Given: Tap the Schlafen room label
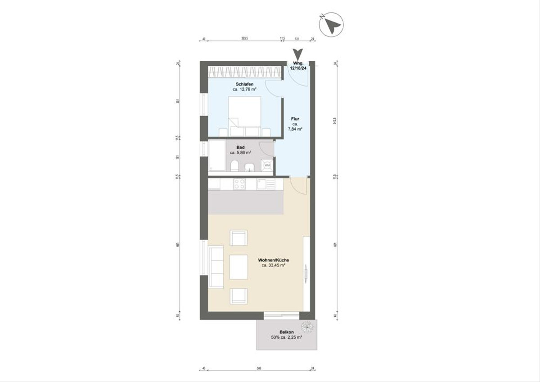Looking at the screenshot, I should tap(244, 84).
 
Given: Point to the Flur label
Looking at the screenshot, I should tap(295, 119).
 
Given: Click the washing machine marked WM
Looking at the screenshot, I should tap(267, 165).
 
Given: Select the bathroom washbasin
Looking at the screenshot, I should tap(249, 168).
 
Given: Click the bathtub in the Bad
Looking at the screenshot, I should tap(216, 155).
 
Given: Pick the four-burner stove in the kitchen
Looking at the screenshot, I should tap(239, 184).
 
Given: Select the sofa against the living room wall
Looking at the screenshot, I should tap(216, 267).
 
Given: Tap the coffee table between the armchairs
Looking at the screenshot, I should tap(238, 267).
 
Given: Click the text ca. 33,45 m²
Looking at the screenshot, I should tap(274, 265).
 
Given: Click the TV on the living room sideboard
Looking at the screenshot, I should tap(305, 273).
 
